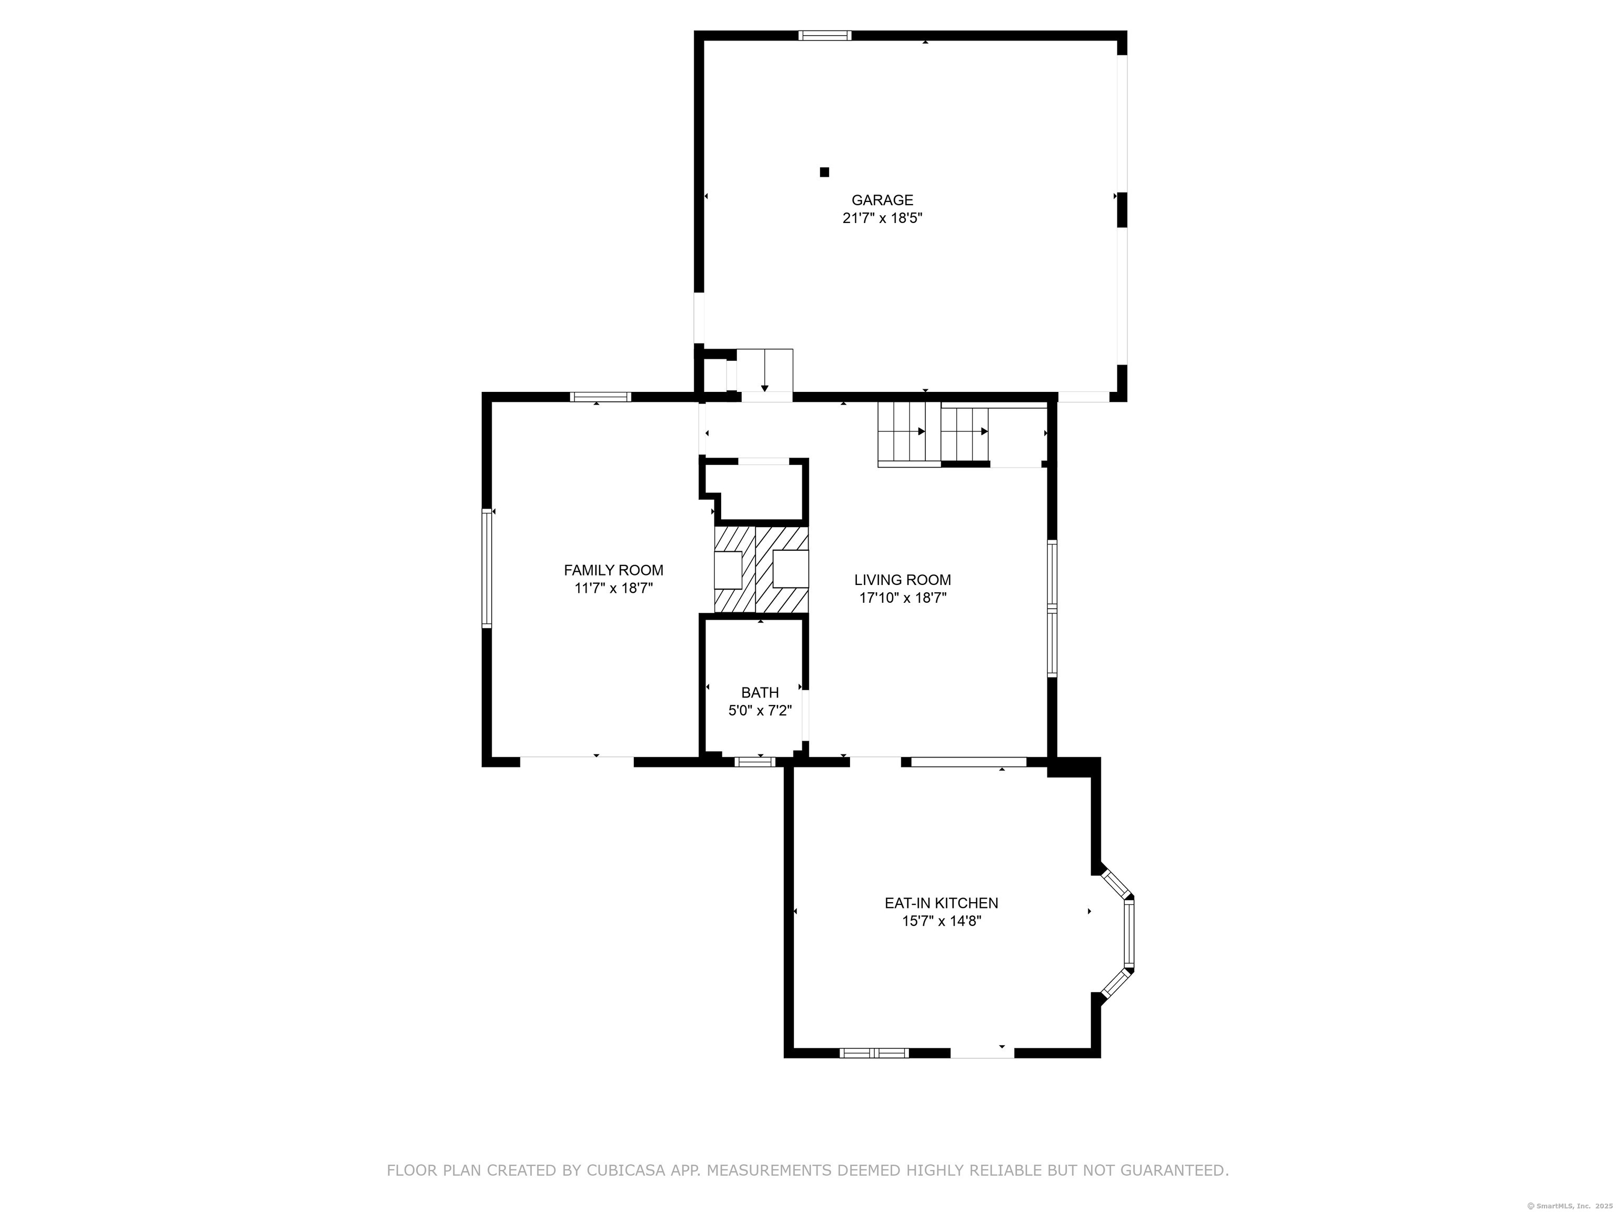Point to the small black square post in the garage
point(824,173)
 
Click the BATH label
point(760,693)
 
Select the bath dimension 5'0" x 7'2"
point(760,711)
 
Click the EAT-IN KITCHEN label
point(941,904)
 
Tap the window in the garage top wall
point(825,35)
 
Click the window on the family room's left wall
point(487,568)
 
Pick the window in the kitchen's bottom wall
point(874,1053)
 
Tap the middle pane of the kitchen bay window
point(1129,933)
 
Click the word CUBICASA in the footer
point(625,1171)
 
